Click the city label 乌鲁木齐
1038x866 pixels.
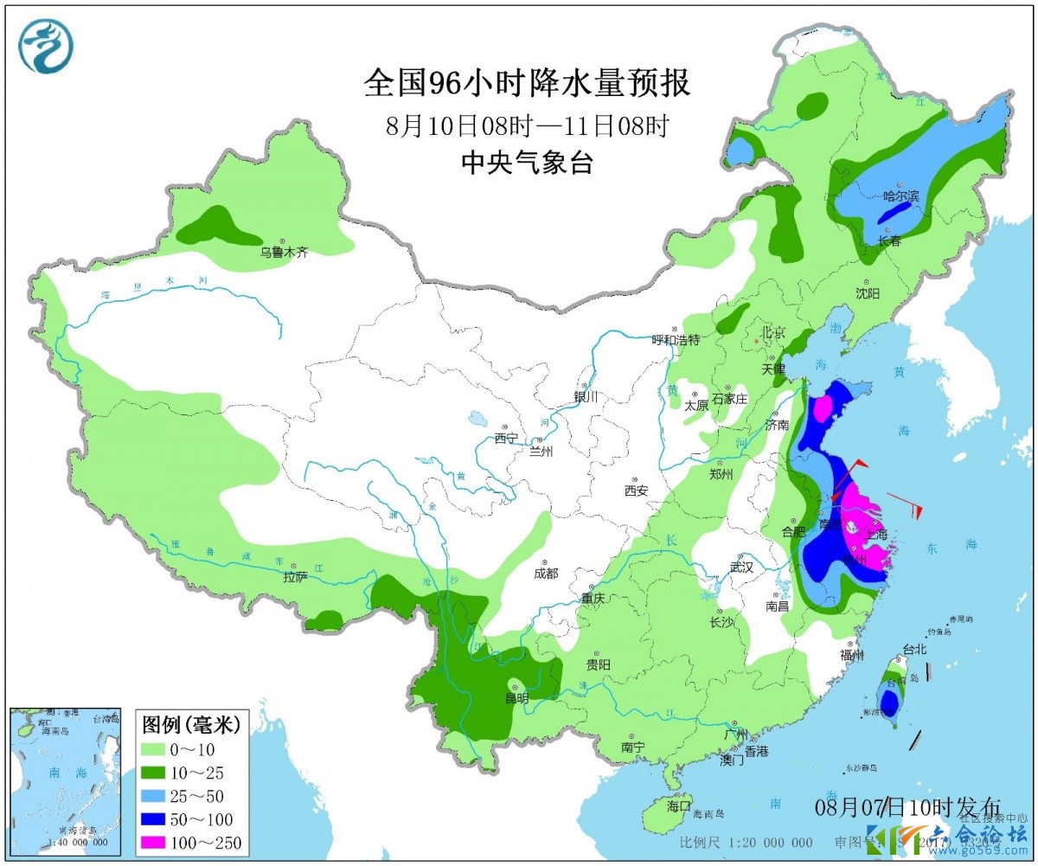pos(285,253)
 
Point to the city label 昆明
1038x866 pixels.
pos(516,699)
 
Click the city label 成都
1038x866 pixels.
pos(546,572)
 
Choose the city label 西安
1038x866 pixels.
pos(636,491)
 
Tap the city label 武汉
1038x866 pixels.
pos(741,568)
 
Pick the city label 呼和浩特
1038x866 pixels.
pos(675,340)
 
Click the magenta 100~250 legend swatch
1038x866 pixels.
pos(165,842)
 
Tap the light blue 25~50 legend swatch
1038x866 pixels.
pos(165,795)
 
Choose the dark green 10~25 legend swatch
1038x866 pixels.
pos(165,772)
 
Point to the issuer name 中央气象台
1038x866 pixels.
pos(527,162)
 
